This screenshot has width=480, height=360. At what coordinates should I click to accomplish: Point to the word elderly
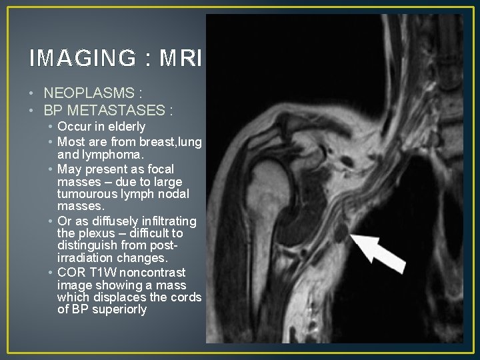click(x=123, y=127)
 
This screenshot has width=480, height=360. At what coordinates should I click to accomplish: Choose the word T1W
click(x=99, y=272)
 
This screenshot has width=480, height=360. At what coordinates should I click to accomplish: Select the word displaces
click(x=118, y=297)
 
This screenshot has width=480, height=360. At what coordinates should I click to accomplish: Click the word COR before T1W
click(x=71, y=272)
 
